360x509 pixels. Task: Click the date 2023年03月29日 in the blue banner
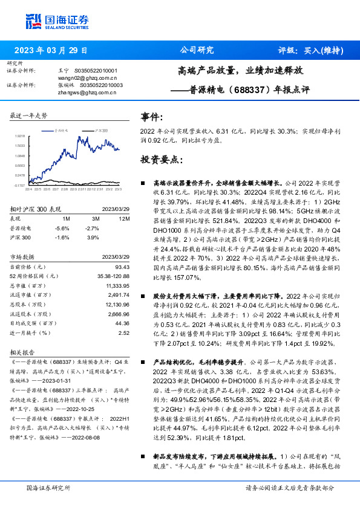(x=50, y=50)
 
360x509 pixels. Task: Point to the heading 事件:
(x=151, y=117)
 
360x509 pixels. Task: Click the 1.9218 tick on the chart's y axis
(x=20, y=137)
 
